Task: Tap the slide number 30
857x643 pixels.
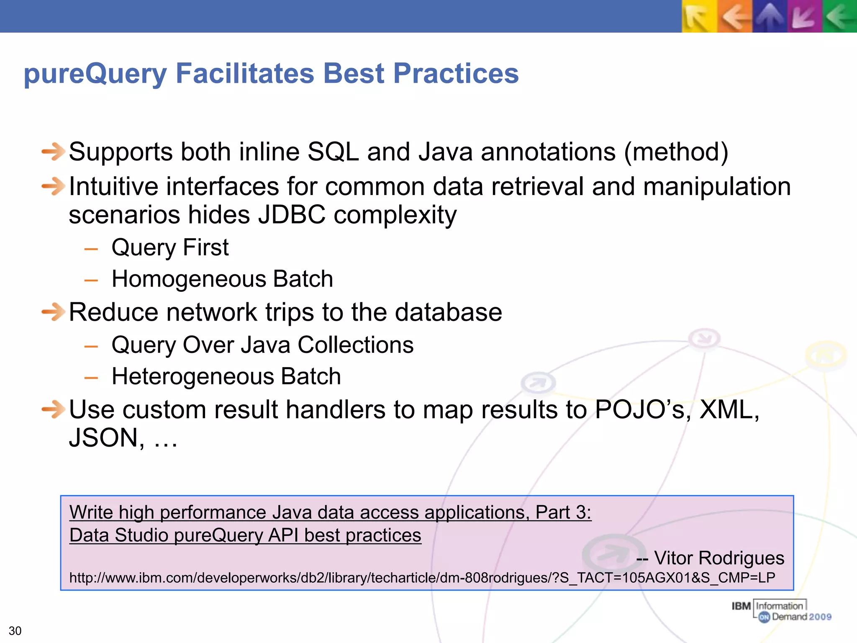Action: [15, 630]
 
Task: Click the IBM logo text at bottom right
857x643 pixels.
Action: [741, 606]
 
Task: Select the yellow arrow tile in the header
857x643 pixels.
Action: [699, 17]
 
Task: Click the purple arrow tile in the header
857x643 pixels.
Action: [804, 17]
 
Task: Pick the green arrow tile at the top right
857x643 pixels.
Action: [840, 17]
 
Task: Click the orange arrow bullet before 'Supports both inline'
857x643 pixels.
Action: [53, 152]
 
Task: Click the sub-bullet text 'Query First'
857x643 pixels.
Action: [170, 247]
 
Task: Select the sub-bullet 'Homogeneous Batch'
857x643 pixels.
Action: [222, 279]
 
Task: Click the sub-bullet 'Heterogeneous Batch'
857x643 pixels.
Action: [226, 376]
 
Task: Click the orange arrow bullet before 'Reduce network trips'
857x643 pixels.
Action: [53, 312]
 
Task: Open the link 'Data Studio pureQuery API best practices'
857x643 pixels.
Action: [245, 535]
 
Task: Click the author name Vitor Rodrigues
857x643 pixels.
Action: [718, 558]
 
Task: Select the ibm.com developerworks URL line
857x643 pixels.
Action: [422, 578]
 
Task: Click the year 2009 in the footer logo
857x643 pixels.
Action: [820, 617]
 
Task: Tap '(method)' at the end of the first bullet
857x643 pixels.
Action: [676, 152]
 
